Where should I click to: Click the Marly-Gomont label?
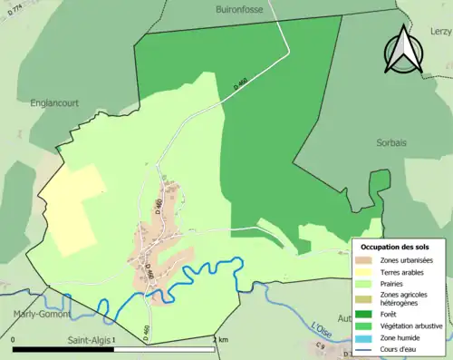click(x=38, y=314)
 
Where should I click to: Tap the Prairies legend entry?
click(x=399, y=284)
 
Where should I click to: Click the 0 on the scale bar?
click(x=14, y=339)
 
